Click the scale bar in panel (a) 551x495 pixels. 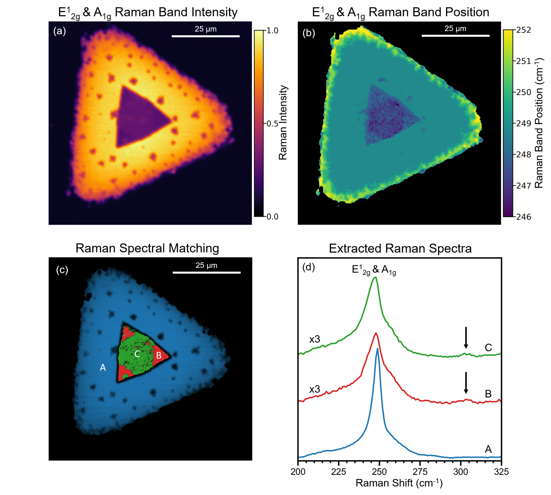click(206, 36)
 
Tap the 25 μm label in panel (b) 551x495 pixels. click(455, 29)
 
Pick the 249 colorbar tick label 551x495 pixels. click(524, 124)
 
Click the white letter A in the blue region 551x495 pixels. click(103, 368)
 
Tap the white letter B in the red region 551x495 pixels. click(159, 355)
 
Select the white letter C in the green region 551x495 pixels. click(137, 354)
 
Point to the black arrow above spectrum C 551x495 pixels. click(466, 338)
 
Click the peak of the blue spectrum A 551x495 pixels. click(377, 349)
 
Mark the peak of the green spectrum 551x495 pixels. click(375, 278)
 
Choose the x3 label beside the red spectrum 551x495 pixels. click(315, 389)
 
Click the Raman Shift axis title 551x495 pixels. click(399, 483)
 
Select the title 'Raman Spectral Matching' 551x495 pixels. click(147, 248)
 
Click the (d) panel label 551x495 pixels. click(309, 268)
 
